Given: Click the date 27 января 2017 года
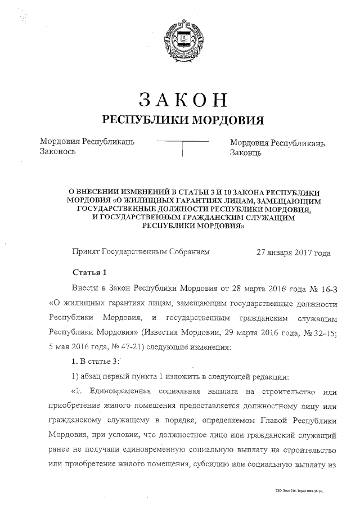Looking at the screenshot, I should [293, 253].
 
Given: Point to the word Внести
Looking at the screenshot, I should [85, 289].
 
